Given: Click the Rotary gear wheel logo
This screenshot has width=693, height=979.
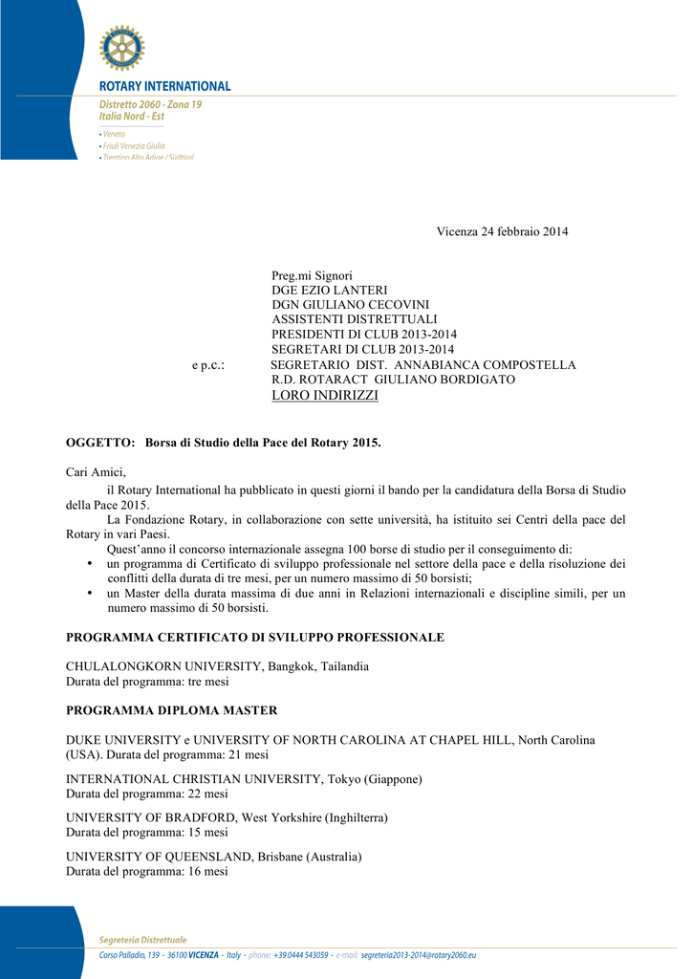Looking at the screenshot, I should click(121, 48).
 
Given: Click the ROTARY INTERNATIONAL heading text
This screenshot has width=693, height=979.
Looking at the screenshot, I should click(165, 86).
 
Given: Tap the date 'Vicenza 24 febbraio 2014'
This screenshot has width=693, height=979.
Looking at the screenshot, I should click(502, 232).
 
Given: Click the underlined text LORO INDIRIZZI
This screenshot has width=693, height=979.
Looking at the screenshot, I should click(325, 395).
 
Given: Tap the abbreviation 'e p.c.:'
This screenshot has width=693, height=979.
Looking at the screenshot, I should click(208, 365).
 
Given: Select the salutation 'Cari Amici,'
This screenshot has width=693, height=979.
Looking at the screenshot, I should click(96, 471).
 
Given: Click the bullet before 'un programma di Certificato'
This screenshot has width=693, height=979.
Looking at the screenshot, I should click(89, 564).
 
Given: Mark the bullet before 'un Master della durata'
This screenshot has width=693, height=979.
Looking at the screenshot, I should click(89, 594).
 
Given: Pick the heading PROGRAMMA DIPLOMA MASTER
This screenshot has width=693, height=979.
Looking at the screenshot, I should click(172, 710).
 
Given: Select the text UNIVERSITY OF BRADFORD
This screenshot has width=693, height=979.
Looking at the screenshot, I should click(152, 817).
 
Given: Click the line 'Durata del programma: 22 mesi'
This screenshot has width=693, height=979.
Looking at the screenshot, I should click(147, 794).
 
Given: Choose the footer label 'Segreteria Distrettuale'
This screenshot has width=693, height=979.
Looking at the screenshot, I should click(143, 940).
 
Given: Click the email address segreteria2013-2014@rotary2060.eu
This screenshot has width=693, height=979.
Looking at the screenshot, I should click(419, 955).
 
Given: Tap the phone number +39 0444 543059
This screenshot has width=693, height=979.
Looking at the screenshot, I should click(301, 955).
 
